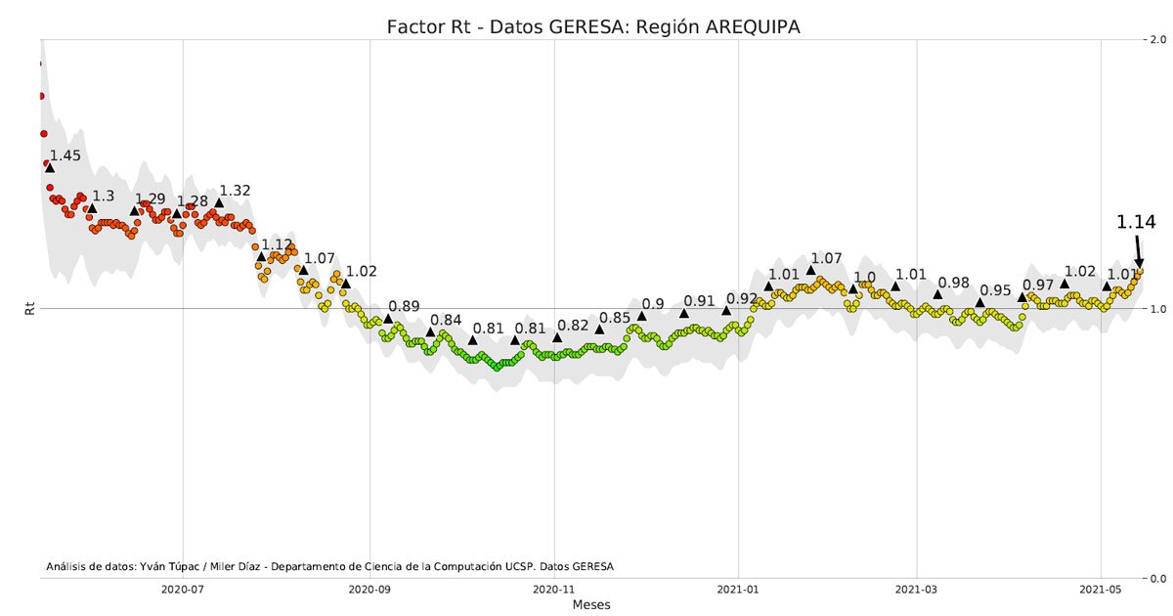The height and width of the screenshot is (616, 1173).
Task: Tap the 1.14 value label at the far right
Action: coord(1136,223)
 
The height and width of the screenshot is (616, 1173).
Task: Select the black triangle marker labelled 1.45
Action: coord(50,168)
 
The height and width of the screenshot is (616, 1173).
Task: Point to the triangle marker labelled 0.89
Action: coord(388,319)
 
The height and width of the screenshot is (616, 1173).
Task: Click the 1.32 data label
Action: coord(235,191)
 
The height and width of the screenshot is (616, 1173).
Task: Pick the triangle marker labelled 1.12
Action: coord(261,256)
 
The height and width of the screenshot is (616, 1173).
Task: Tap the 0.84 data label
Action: coord(446,320)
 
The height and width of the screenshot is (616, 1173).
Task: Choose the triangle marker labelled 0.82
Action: coord(557,337)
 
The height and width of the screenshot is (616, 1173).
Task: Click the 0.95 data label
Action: coord(995,290)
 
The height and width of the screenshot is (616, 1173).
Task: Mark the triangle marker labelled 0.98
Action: coord(937,294)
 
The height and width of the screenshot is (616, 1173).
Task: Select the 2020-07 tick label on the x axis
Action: coord(182,590)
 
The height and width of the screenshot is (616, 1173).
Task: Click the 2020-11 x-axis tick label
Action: coord(554,590)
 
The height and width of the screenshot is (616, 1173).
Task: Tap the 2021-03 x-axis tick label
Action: coord(916,590)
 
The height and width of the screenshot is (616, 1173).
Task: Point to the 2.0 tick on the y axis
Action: coord(1159,40)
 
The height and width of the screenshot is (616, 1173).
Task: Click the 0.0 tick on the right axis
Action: coord(1159,578)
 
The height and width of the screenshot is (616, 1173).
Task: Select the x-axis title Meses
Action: coord(591,605)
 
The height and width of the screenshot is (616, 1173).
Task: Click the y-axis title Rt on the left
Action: coord(29,309)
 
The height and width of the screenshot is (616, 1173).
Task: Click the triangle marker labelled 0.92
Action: coord(726,311)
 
